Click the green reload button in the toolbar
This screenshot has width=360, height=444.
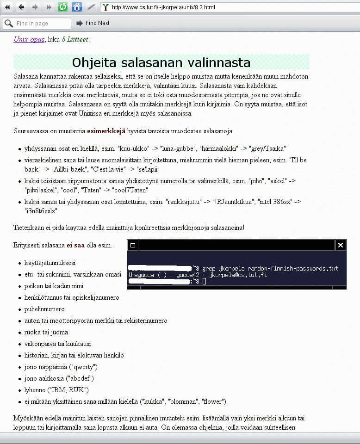click(x=63, y=7)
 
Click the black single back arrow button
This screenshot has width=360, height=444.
click(x=21, y=7)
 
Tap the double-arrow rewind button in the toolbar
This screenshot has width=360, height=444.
click(x=7, y=7)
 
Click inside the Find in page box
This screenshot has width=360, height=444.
click(x=42, y=23)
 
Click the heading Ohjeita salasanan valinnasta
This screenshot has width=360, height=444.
click(x=161, y=62)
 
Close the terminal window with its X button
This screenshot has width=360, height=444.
click(x=341, y=245)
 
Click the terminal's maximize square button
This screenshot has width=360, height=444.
click(x=133, y=245)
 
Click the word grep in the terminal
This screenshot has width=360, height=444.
click(x=209, y=269)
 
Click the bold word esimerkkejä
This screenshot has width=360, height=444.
click(x=106, y=131)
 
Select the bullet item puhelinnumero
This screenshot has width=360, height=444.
click(x=44, y=309)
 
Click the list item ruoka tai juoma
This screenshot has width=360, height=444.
click(x=46, y=332)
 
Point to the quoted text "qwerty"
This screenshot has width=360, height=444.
click(x=82, y=367)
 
